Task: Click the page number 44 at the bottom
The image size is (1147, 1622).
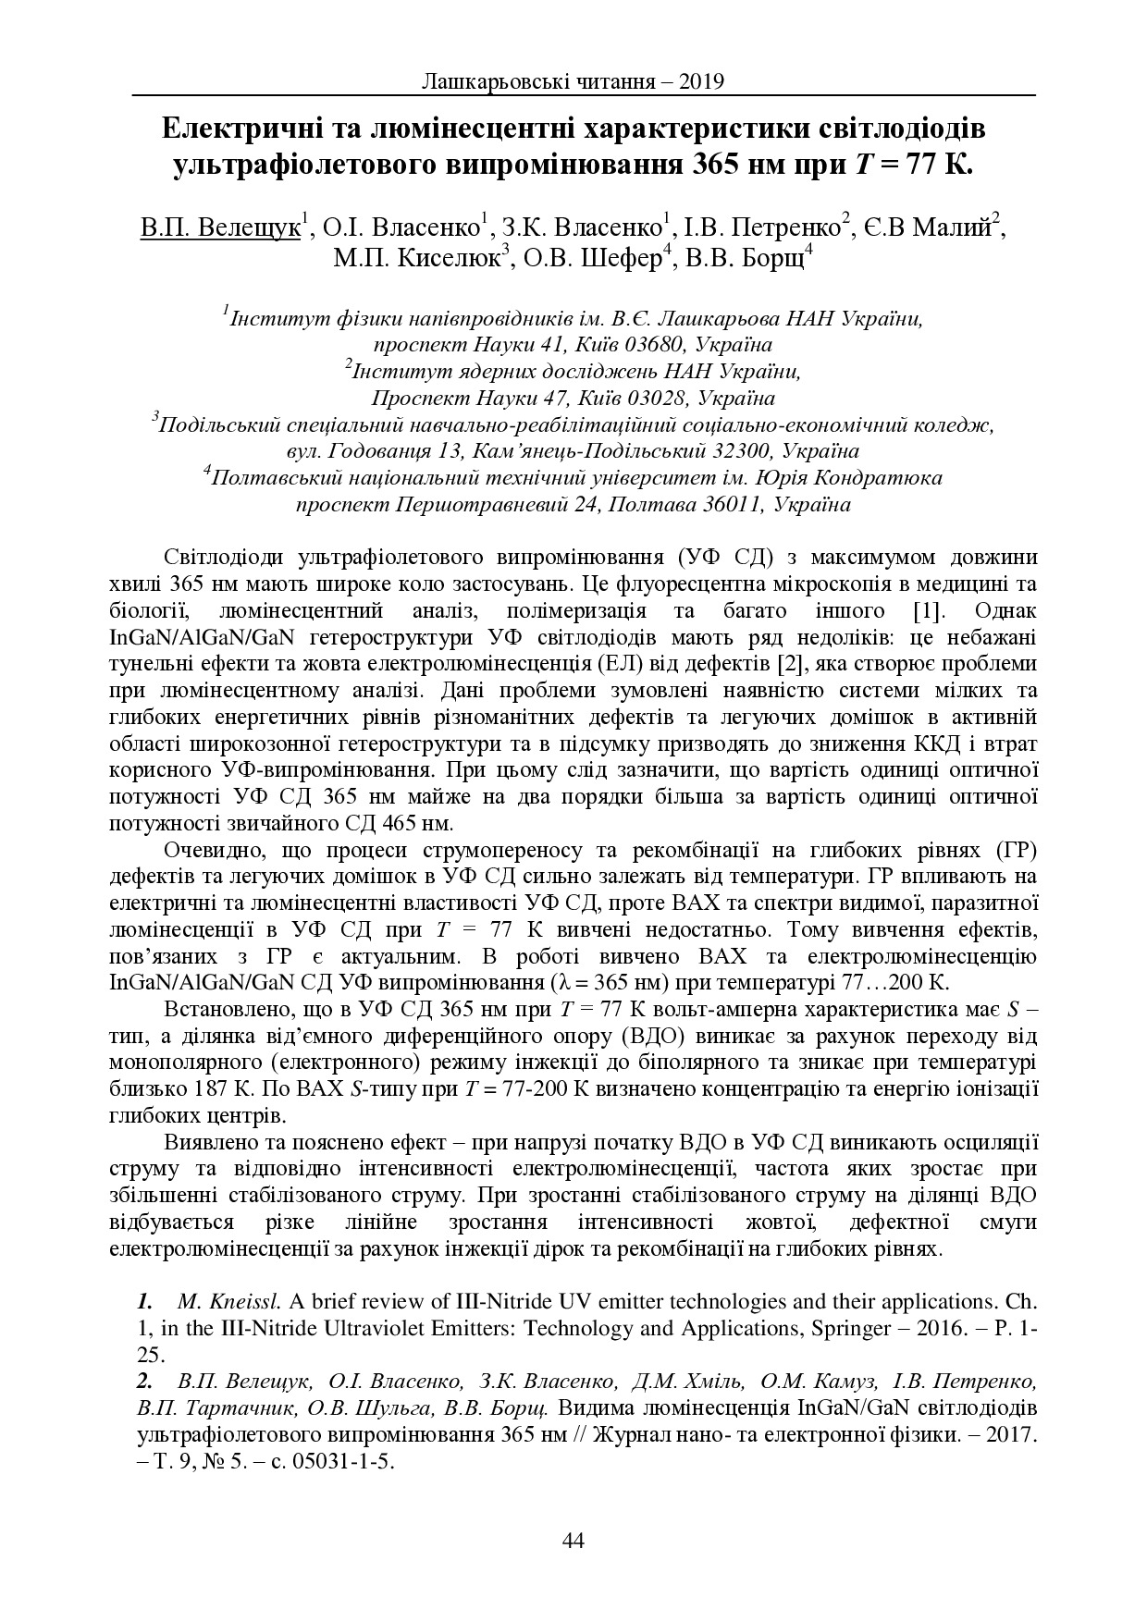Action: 573,1540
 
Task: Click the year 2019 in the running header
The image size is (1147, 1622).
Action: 702,81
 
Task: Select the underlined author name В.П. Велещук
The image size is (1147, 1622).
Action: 221,227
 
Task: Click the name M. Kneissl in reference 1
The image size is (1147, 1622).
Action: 229,1303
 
